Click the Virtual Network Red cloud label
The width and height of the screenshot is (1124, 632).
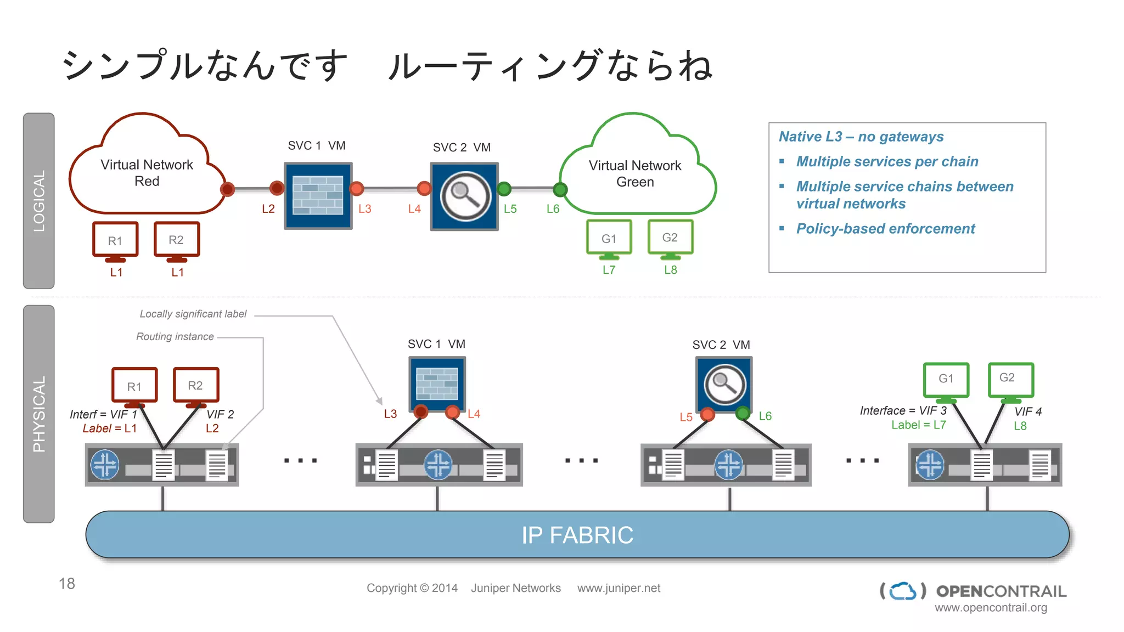tap(147, 173)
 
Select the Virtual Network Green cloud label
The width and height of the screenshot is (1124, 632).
tap(635, 173)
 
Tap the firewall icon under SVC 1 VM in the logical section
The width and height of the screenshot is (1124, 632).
tap(318, 195)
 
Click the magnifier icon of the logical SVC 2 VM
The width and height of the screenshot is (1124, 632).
tap(465, 196)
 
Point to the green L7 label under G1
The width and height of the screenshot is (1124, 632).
tap(609, 270)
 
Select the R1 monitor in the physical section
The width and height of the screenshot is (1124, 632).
tap(134, 386)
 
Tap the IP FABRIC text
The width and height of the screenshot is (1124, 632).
tap(577, 535)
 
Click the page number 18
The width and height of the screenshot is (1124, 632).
tap(67, 583)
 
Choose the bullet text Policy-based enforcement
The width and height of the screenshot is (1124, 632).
tap(885, 229)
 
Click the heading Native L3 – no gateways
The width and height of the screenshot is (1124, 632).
tap(861, 137)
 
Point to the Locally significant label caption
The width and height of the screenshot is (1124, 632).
tap(193, 314)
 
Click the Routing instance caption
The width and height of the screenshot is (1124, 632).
tap(175, 337)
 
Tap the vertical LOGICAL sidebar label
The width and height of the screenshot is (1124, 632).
tap(39, 201)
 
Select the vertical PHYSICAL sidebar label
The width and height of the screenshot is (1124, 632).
tap(39, 414)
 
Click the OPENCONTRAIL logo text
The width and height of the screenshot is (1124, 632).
tap(1001, 591)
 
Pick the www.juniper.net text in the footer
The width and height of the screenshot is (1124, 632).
tap(619, 588)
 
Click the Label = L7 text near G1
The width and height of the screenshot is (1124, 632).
tap(918, 425)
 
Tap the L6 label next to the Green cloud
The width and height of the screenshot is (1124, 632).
tap(553, 209)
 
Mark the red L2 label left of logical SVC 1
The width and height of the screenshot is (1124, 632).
tap(268, 209)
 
